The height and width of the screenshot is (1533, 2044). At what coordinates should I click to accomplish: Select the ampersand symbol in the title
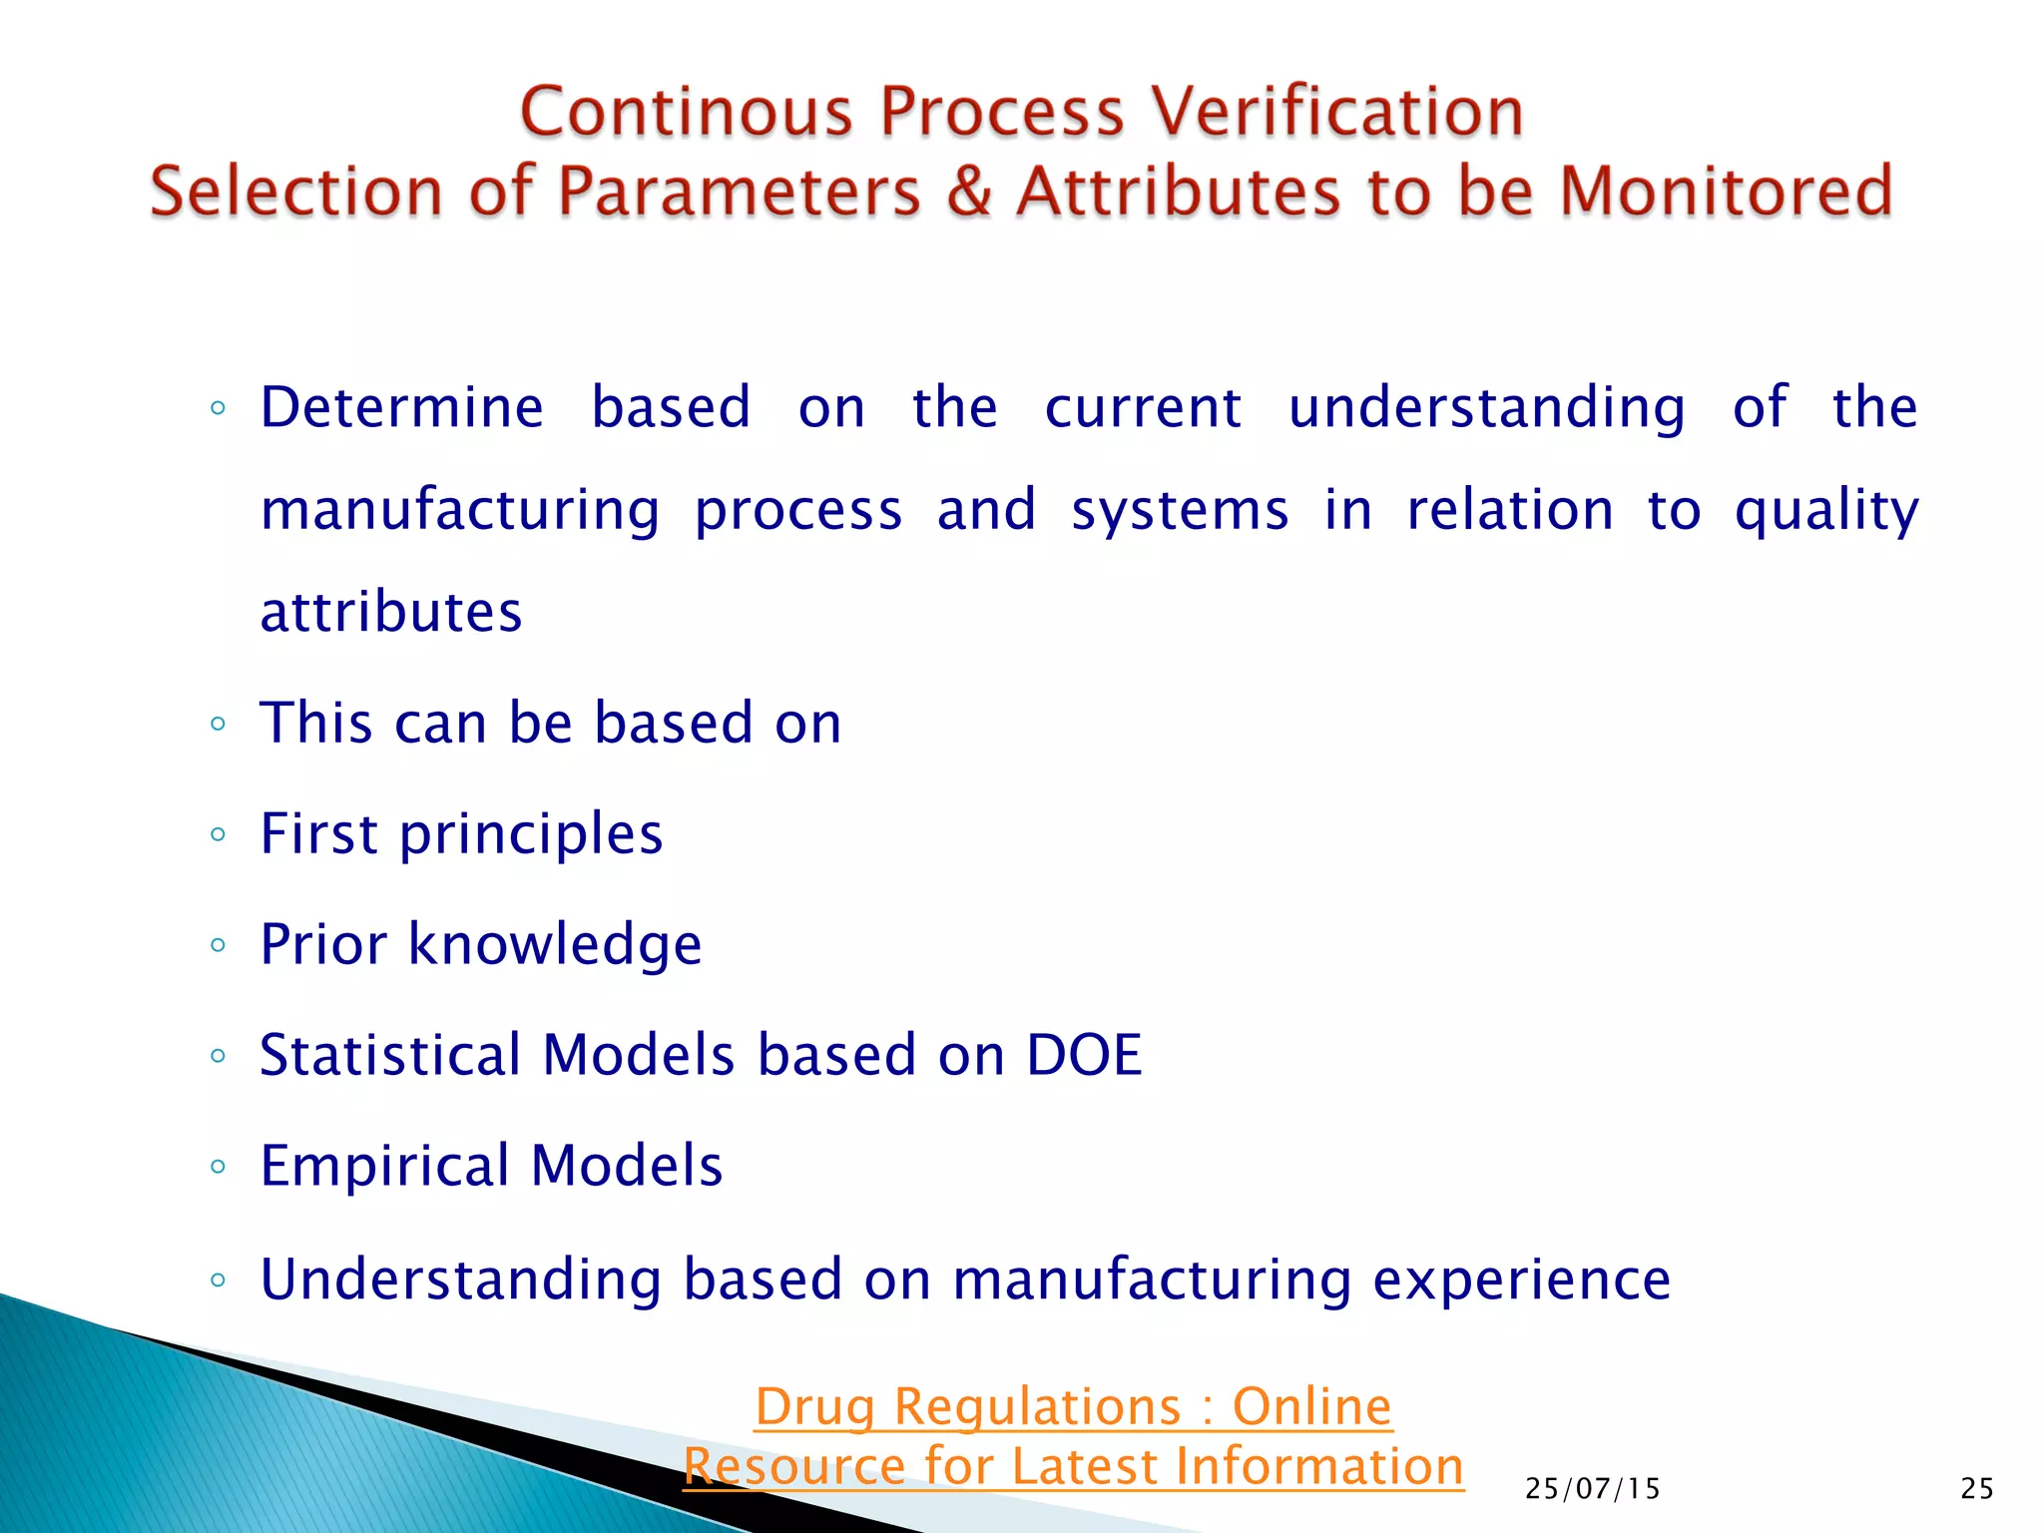coord(968,191)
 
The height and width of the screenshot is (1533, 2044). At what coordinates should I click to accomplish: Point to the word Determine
coord(401,407)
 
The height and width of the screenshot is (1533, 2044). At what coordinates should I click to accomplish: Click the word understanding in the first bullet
coord(1486,409)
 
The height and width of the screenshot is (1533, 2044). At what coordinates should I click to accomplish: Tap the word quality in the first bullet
coord(1825,511)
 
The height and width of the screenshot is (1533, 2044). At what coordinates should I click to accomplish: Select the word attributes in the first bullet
coord(391,612)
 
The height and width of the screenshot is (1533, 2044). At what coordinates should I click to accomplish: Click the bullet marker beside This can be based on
coord(219,724)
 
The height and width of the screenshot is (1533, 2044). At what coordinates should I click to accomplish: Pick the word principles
coord(531,835)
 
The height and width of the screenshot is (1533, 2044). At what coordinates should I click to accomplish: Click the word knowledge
coord(555,945)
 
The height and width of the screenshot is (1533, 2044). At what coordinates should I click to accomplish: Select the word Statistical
coord(390,1055)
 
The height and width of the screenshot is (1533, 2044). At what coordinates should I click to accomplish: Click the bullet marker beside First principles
coord(219,834)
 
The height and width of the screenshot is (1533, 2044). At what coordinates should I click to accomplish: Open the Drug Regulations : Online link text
coord(1073,1407)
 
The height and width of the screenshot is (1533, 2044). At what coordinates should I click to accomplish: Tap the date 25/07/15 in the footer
coord(1592,1489)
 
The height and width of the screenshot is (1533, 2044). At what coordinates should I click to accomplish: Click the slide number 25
coord(1976,1489)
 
